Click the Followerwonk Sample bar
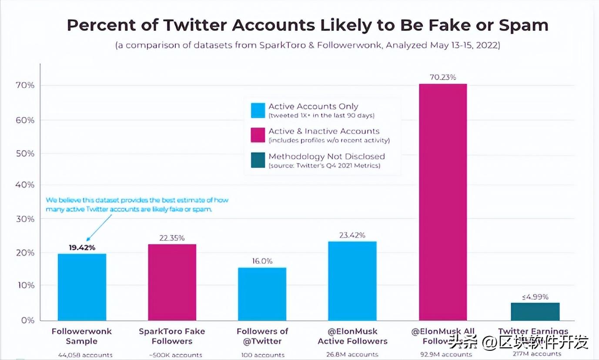coord(82,287)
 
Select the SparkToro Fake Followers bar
coord(172,282)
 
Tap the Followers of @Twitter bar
coord(262,294)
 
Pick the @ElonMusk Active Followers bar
coord(352,281)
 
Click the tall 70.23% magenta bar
coord(443,202)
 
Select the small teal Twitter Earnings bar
coord(535,311)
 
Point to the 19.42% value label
coord(82,248)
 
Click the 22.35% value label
coord(172,238)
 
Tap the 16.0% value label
coord(262,261)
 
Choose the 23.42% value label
coord(352,235)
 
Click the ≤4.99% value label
coord(535,297)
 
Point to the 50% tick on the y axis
coord(25,153)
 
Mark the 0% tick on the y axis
coord(27,320)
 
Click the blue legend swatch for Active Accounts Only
coord(258,110)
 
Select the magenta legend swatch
coord(258,135)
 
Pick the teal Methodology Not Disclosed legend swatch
coord(258,160)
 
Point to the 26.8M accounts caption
coord(352,354)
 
